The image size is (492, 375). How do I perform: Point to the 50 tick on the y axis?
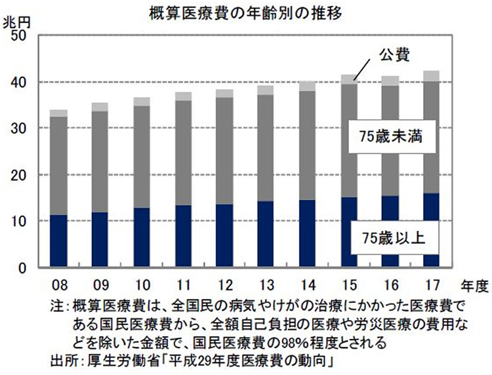point(18,35)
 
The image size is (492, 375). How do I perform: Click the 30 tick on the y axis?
point(18,128)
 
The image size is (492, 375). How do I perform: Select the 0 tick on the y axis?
point(22,268)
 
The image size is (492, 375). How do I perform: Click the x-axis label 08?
point(58,286)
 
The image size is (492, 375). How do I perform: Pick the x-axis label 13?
point(265,286)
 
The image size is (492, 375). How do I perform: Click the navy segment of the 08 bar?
point(58,241)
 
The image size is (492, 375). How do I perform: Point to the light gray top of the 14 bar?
point(306,86)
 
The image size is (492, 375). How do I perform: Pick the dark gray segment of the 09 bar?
point(100,161)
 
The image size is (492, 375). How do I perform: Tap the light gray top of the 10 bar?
point(141,101)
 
